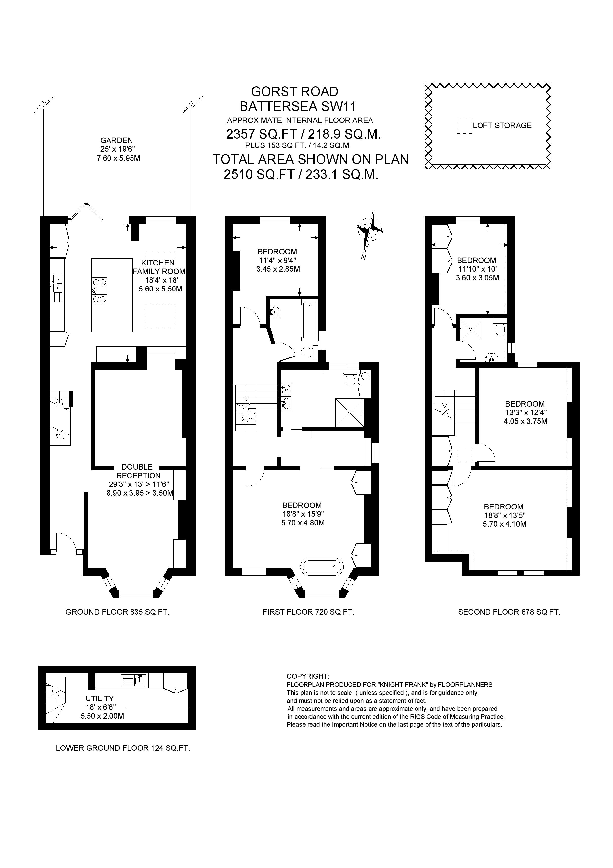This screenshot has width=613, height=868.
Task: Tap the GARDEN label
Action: point(116,140)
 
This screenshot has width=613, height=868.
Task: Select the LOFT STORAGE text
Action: point(502,125)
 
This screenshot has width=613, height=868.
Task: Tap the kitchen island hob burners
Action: point(99,290)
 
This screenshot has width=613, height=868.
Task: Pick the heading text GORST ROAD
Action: point(295,92)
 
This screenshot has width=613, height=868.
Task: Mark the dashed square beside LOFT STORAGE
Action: point(464,126)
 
